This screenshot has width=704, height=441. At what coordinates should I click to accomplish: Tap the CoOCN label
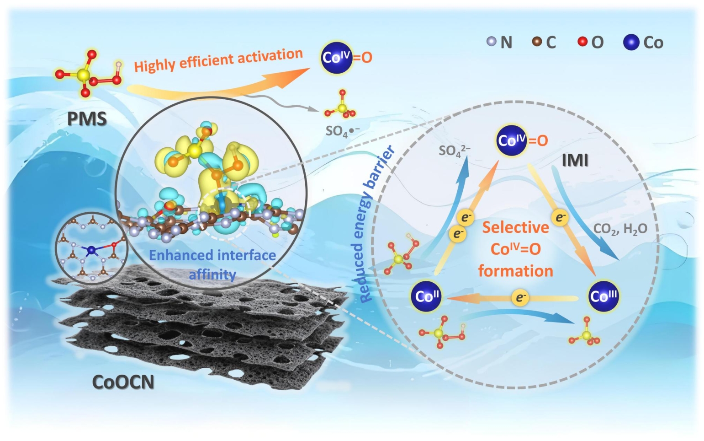(x=123, y=382)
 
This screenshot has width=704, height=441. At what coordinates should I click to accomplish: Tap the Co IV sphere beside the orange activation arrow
(x=337, y=58)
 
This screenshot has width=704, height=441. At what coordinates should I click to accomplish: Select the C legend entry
(x=545, y=43)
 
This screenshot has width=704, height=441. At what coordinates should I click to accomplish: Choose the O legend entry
(x=591, y=43)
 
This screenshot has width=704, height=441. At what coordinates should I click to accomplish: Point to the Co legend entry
(x=643, y=43)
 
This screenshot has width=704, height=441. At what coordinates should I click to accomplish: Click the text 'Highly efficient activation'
(x=218, y=60)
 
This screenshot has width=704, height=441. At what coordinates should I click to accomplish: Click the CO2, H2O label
(x=620, y=228)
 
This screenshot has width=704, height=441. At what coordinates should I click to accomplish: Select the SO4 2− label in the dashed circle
(x=454, y=150)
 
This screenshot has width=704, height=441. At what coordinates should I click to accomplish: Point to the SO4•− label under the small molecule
(x=342, y=131)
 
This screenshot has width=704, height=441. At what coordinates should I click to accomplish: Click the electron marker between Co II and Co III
(x=520, y=298)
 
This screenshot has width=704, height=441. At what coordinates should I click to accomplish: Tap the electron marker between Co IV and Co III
(x=560, y=218)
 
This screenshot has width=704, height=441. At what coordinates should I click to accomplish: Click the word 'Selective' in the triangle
(x=516, y=227)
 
